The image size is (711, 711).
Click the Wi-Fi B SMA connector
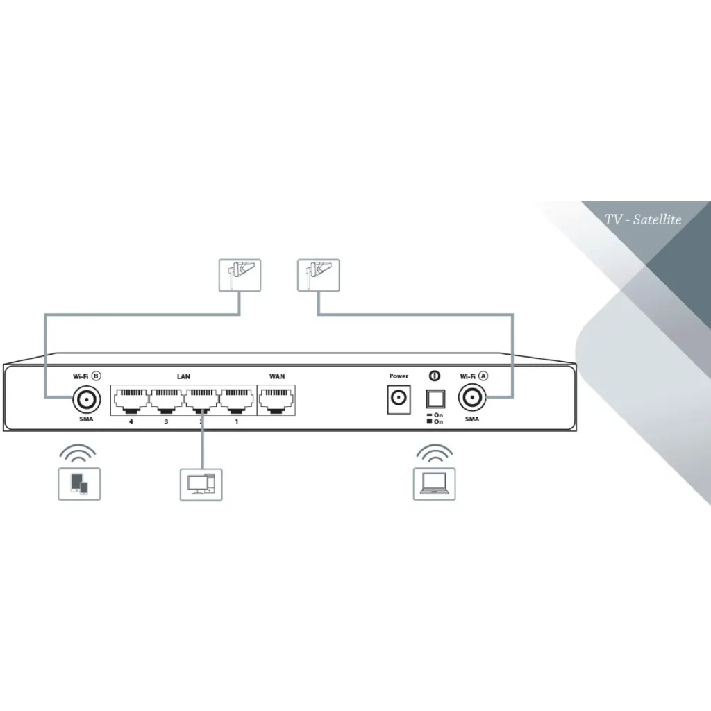(x=86, y=399)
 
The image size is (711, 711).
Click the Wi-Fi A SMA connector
(x=472, y=398)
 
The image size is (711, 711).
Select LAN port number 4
(x=131, y=400)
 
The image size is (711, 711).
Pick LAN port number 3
(x=167, y=400)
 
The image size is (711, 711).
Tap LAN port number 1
(x=237, y=400)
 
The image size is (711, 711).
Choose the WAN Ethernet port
(x=276, y=400)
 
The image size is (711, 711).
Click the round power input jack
(x=399, y=399)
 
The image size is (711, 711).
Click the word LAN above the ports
(x=183, y=376)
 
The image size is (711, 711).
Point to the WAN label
(x=277, y=376)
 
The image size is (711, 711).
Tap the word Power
(x=399, y=376)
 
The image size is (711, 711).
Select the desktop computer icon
(x=201, y=484)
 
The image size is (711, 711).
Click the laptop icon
(x=435, y=484)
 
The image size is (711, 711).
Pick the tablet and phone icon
(x=79, y=484)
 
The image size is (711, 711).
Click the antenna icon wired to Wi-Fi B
(x=240, y=275)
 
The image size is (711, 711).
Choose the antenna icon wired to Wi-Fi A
(x=318, y=275)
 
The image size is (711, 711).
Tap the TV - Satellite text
(x=643, y=219)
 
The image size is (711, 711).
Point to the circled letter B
(x=96, y=376)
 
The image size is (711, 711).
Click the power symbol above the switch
(x=435, y=376)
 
